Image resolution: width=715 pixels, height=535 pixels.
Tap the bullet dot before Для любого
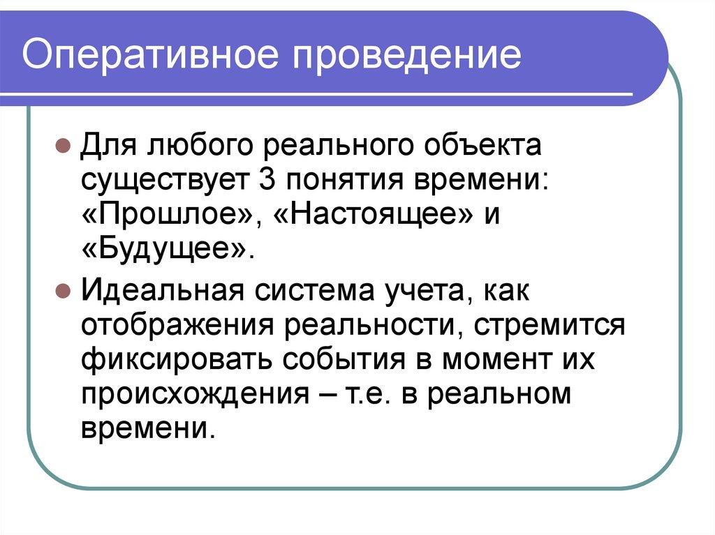click(61, 149)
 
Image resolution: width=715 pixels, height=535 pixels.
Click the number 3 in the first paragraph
click(265, 181)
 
